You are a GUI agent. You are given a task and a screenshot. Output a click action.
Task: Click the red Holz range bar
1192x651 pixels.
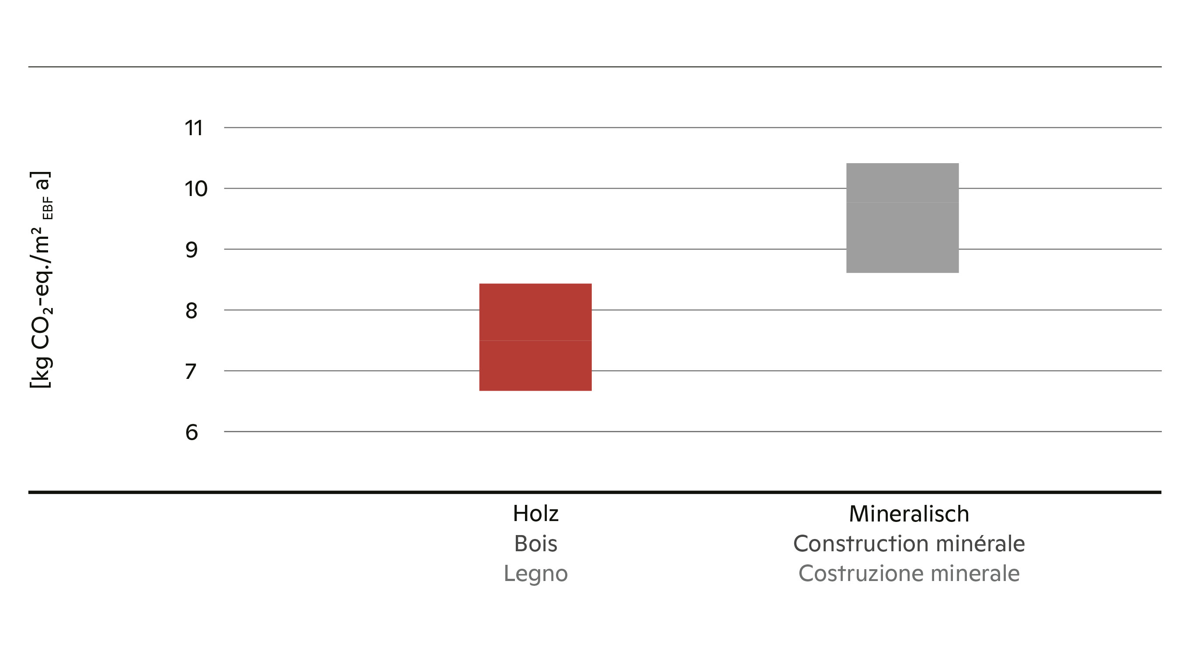tap(535, 337)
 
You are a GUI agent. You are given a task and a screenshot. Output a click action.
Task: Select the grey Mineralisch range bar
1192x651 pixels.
tap(902, 217)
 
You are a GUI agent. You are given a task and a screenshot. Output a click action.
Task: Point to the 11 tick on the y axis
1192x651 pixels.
tap(194, 128)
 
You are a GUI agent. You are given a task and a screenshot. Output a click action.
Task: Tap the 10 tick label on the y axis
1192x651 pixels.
tap(196, 189)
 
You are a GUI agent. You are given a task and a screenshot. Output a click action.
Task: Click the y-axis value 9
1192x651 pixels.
tap(191, 250)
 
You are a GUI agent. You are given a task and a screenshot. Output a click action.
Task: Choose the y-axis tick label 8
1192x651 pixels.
tap(191, 311)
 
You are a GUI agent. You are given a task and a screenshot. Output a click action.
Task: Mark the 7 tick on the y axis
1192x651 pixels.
tap(191, 371)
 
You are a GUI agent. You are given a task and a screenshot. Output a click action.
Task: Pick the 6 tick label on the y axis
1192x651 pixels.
tap(191, 432)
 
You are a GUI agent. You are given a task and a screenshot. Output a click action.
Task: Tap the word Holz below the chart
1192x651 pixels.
tap(536, 514)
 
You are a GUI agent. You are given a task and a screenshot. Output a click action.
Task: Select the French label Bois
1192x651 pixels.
tap(536, 543)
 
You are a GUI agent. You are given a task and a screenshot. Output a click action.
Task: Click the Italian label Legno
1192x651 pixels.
tap(536, 574)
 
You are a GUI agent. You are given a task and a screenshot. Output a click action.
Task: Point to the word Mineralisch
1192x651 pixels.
tap(909, 514)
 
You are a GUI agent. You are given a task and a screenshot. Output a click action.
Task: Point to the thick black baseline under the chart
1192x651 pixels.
tap(594, 492)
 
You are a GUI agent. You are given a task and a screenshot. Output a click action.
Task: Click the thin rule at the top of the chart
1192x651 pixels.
tap(594, 66)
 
